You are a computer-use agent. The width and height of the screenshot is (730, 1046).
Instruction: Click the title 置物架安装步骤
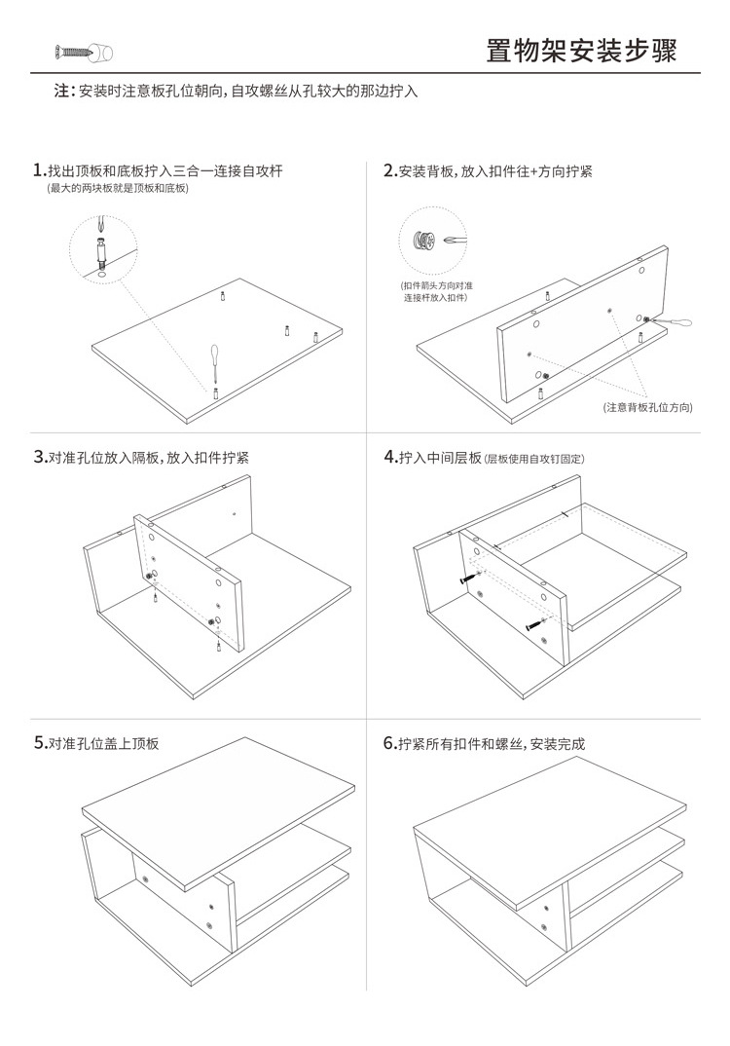[595, 51]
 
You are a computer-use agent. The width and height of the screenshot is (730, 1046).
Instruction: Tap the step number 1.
[38, 170]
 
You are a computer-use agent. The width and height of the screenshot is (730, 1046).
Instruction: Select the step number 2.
[388, 170]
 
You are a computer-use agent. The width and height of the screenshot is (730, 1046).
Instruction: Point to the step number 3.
[38, 456]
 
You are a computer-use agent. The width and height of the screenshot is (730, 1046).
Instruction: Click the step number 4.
[388, 456]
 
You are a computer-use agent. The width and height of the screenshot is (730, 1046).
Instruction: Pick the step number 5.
[38, 743]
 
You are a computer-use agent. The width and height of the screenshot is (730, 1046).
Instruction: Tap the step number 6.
[388, 743]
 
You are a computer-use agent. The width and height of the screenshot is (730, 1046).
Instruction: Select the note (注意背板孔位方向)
[647, 407]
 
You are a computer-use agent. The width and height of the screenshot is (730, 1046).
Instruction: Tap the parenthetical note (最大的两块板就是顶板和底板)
[118, 188]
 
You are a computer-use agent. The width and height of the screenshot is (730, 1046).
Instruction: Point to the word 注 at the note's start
[60, 92]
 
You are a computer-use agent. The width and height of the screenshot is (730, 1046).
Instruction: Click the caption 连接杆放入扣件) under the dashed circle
[435, 297]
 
